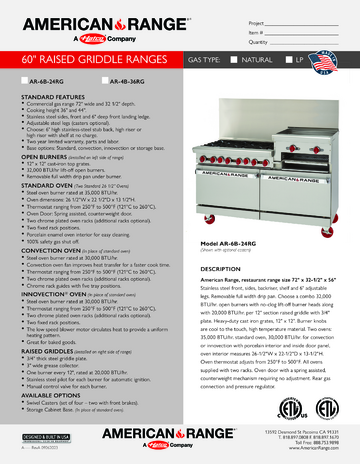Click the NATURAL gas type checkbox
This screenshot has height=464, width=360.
[237, 60]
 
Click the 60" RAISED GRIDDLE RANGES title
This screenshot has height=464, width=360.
[93, 60]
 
